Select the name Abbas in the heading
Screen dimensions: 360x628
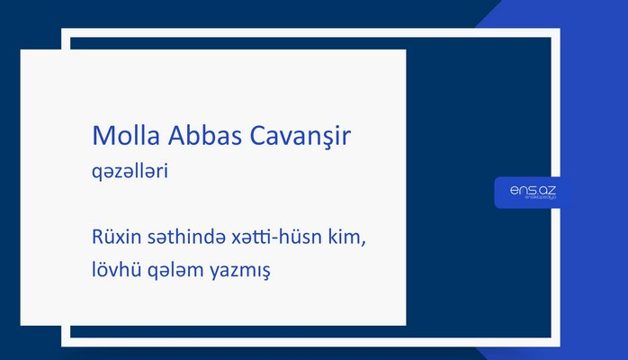pyautogui.click(x=190, y=137)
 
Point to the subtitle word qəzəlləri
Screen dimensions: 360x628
pyautogui.click(x=130, y=170)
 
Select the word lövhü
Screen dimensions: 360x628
pyautogui.click(x=114, y=269)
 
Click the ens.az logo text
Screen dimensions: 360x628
pyautogui.click(x=533, y=189)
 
